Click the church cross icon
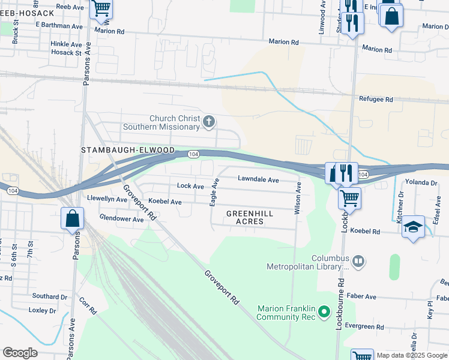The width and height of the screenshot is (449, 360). (x=209, y=122)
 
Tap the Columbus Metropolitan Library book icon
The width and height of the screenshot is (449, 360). (x=358, y=261)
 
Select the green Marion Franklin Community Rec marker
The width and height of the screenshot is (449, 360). (x=324, y=312)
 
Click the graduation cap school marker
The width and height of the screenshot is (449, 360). (x=413, y=227)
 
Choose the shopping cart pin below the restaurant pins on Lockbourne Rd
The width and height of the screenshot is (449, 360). (x=349, y=197)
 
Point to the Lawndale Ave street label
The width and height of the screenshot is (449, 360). (x=258, y=179)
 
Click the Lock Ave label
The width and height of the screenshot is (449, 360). (x=190, y=186)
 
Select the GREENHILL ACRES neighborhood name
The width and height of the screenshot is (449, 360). (x=250, y=217)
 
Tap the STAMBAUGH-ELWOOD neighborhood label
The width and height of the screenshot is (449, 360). (x=128, y=149)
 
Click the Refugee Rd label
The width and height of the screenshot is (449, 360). (x=375, y=100)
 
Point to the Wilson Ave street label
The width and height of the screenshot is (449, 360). (x=297, y=199)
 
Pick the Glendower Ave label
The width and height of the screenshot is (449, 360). (x=122, y=219)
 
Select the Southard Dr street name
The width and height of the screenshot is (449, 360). (x=50, y=296)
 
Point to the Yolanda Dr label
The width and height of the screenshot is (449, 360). (x=421, y=182)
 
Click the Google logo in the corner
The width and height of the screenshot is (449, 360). (x=20, y=352)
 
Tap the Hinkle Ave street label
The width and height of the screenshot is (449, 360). (x=66, y=44)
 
